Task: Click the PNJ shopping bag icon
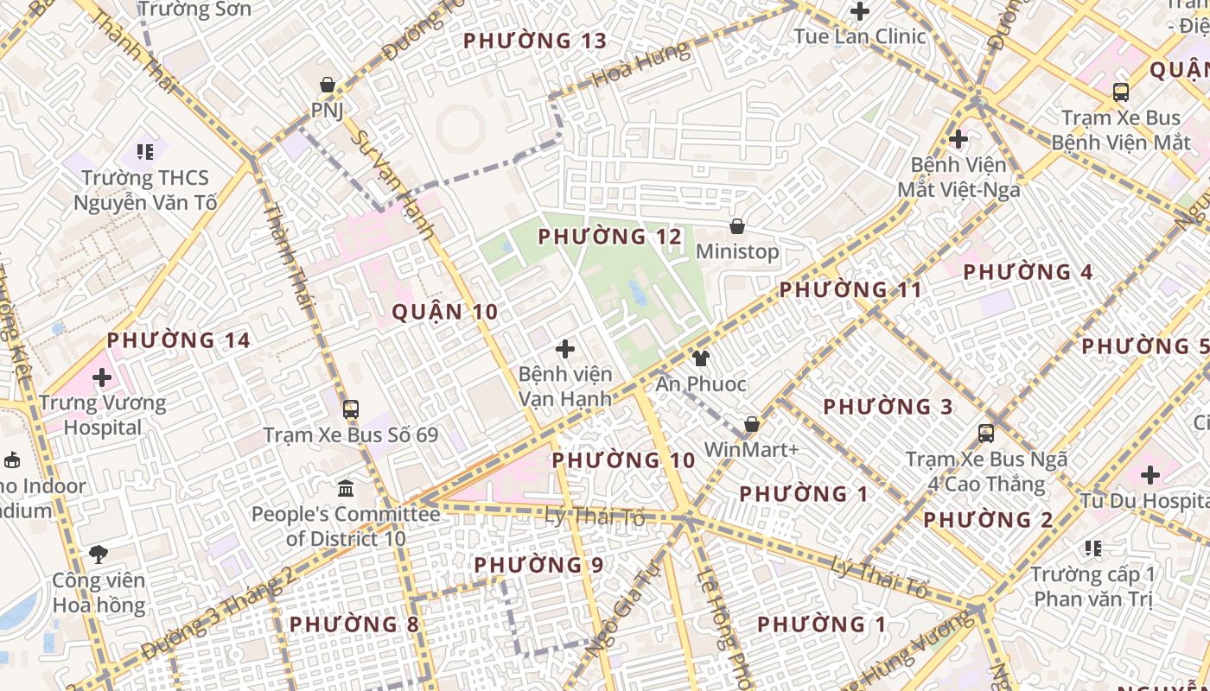[328, 85]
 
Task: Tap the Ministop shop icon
[737, 226]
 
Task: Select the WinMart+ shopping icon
[752, 424]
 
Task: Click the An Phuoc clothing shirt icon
[700, 358]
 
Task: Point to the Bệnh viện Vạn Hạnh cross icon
[565, 349]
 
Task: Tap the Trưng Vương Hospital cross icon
[102, 377]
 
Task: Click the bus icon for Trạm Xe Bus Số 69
[351, 409]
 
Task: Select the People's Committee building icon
[346, 489]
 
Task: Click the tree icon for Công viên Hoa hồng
[99, 555]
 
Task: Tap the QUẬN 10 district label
[445, 312]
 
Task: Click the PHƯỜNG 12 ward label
[610, 237]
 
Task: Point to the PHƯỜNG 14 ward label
[179, 340]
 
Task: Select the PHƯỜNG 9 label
[538, 565]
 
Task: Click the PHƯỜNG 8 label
[354, 624]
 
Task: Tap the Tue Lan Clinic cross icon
[860, 11]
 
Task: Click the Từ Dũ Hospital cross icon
[1150, 474]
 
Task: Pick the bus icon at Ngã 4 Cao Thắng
[986, 434]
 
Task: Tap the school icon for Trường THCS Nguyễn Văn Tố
[145, 152]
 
